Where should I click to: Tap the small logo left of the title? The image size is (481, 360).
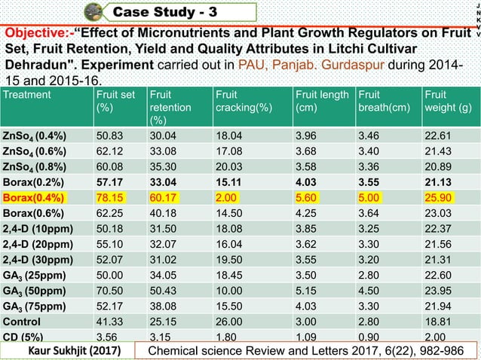(x=95, y=11)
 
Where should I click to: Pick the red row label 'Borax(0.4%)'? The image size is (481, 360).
(x=34, y=198)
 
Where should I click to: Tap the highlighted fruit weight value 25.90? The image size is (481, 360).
(x=440, y=198)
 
